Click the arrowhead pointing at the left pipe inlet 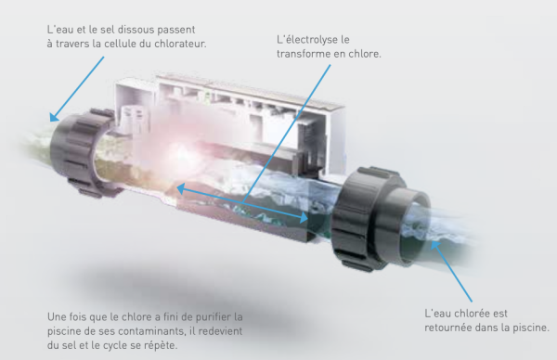tap(54, 117)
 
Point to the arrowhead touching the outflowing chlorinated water tap(435, 246)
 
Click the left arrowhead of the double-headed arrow tap(181, 189)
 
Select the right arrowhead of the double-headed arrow tap(304, 217)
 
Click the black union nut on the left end tap(83, 152)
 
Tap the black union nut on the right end tap(369, 219)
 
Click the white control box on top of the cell tap(229, 117)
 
